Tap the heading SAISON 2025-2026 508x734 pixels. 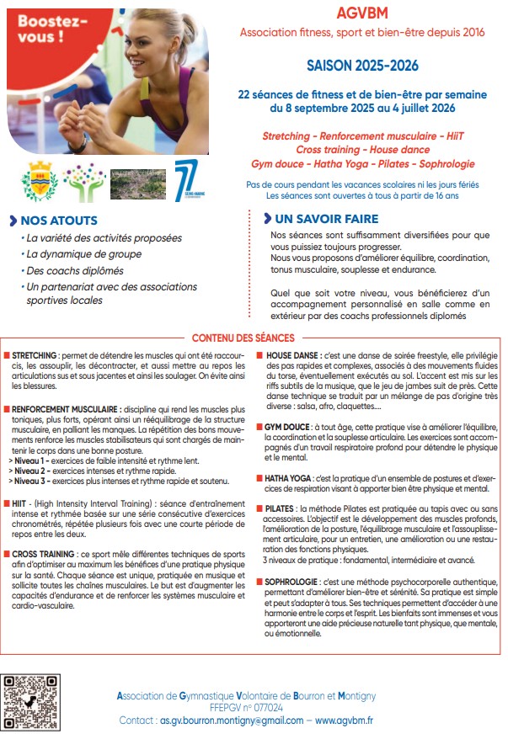tap(362, 65)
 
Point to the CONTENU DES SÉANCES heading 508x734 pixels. tap(253, 338)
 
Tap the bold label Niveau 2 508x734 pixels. tap(29, 470)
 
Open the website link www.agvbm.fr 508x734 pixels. tap(345, 721)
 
